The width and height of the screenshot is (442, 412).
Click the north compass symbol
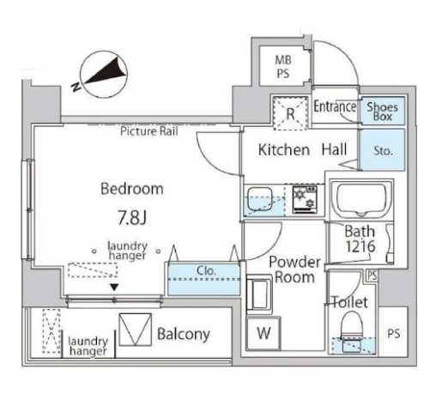click(x=103, y=74)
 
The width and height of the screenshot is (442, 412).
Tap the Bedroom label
click(x=132, y=189)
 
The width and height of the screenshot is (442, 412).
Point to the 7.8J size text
click(x=132, y=218)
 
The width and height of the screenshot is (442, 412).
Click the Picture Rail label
click(x=149, y=131)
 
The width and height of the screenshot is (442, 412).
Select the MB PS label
click(x=283, y=67)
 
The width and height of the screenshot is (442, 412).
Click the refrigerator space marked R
click(x=290, y=113)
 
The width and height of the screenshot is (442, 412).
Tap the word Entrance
click(x=335, y=107)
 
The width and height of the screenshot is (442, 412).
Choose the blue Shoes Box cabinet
click(x=383, y=111)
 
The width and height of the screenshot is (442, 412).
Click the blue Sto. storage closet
click(x=383, y=150)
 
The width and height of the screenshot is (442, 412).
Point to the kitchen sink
click(x=259, y=199)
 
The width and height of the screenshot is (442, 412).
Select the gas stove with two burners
click(x=305, y=199)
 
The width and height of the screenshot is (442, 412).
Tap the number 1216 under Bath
click(x=360, y=246)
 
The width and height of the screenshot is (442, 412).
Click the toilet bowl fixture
click(x=352, y=325)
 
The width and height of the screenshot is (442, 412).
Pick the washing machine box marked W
click(x=263, y=333)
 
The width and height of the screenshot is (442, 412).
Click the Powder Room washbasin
click(x=259, y=294)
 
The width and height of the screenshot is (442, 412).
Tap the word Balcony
click(x=184, y=334)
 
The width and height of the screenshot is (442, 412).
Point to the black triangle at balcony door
click(x=114, y=287)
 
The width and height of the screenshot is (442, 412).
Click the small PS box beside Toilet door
click(x=372, y=276)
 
